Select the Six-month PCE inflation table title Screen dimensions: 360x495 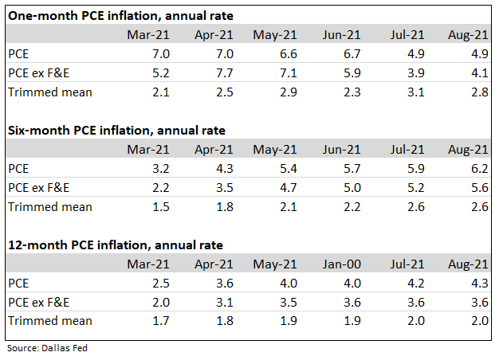pos(116,131)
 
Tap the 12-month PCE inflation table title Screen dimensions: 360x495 pos(115,245)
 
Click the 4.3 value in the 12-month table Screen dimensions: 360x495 pos(480,284)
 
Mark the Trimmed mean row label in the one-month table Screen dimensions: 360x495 pos(49,92)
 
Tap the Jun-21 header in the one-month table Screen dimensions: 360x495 pos(343,34)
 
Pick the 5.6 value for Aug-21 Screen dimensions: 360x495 pos(480,188)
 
